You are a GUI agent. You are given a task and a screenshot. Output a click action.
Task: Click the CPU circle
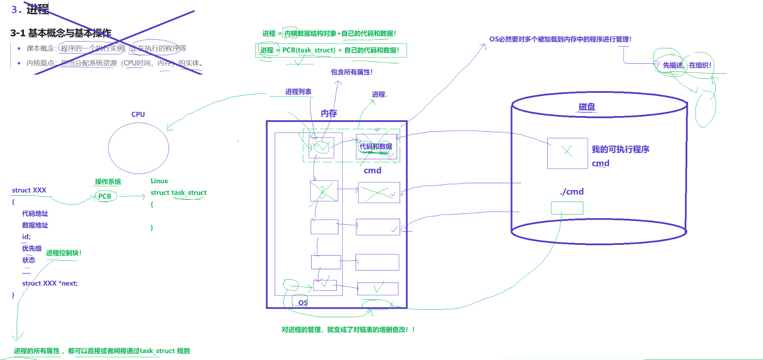pyautogui.click(x=138, y=148)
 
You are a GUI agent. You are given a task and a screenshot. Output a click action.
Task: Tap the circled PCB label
pyautogui.click(x=105, y=196)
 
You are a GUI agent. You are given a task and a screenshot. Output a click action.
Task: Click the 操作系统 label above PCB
pyautogui.click(x=108, y=182)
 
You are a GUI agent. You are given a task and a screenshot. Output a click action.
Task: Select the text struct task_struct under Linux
pyautogui.click(x=178, y=193)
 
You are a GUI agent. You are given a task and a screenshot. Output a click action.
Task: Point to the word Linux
pyautogui.click(x=159, y=181)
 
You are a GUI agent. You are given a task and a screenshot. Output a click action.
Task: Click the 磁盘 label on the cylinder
pyautogui.click(x=587, y=107)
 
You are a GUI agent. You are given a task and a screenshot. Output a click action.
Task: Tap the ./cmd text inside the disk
pyautogui.click(x=572, y=192)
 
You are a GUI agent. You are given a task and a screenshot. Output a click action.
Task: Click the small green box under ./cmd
pyautogui.click(x=567, y=208)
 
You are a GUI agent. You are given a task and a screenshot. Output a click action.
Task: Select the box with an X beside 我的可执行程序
pyautogui.click(x=567, y=153)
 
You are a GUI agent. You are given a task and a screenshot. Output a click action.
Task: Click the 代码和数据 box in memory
pyautogui.click(x=376, y=147)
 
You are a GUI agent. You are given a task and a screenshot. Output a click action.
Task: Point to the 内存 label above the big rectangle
pyautogui.click(x=329, y=113)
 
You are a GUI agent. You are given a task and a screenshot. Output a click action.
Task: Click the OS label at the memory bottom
pyautogui.click(x=303, y=303)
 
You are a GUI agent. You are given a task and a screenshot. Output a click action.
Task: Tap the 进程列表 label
pyautogui.click(x=298, y=92)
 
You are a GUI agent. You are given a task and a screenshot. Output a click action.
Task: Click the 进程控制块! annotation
pyautogui.click(x=64, y=253)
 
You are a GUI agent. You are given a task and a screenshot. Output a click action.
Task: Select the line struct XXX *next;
pyautogui.click(x=50, y=283)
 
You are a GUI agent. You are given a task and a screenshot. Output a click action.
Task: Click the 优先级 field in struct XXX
pyautogui.click(x=32, y=248)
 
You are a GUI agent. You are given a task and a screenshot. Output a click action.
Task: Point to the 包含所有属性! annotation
pyautogui.click(x=352, y=72)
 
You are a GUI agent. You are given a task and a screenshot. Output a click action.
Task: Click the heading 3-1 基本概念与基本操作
pyautogui.click(x=61, y=33)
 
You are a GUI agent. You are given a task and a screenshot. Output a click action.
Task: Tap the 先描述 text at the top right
pyautogui.click(x=673, y=65)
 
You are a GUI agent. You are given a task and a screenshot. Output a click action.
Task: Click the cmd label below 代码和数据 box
pyautogui.click(x=372, y=170)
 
